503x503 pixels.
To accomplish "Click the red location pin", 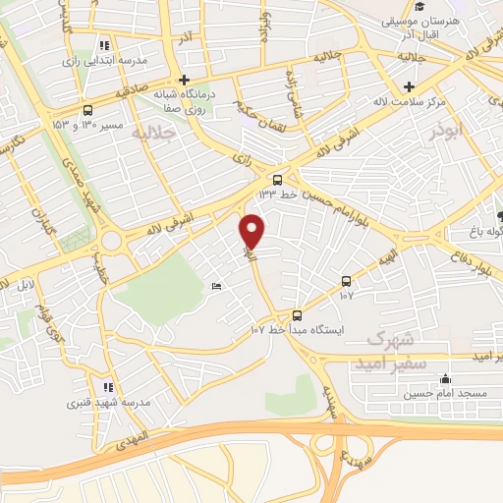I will [x=253, y=231].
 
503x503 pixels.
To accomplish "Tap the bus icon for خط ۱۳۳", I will [x=277, y=180].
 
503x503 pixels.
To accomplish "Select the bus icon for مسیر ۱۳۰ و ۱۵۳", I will [x=89, y=111].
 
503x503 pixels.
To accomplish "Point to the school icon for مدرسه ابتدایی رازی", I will [x=105, y=45].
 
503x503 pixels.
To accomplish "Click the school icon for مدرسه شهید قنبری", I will [x=108, y=387].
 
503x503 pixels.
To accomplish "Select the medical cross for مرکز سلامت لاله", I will [x=408, y=85].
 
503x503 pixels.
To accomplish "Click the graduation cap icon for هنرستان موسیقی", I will [x=419, y=8].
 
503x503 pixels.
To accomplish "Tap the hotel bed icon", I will [x=216, y=286].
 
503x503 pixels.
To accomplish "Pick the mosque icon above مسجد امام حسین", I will [x=446, y=379].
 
